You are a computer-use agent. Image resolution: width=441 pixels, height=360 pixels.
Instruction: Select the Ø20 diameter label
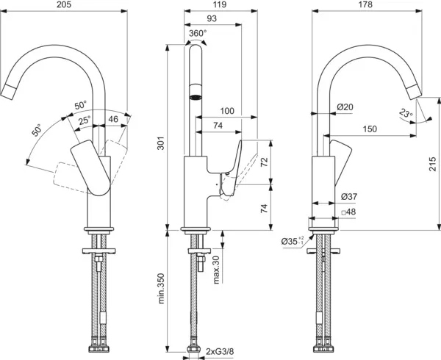coord(345,107)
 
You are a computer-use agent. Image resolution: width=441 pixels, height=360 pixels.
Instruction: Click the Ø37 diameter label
coord(349,197)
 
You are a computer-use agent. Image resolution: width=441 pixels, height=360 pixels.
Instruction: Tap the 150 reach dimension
coord(369,129)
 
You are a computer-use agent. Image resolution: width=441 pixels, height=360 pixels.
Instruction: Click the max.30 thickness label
coord(216,270)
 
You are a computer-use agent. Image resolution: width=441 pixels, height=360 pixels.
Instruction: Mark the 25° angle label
coord(85,120)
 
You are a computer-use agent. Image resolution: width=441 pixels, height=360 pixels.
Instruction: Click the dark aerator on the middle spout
coord(197,96)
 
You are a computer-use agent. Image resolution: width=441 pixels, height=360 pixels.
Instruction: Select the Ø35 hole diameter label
coord(291,240)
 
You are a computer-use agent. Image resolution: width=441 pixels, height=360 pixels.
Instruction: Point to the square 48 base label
coord(349,212)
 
